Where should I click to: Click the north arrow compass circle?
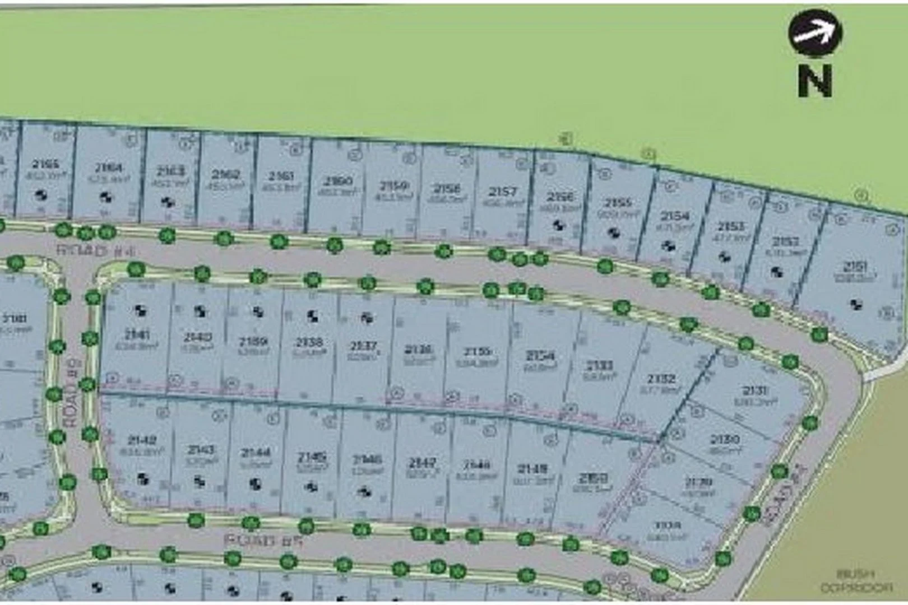tap(815, 33)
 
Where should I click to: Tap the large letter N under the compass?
tap(815, 81)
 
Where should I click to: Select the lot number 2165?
tap(45, 164)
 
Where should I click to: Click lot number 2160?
tap(338, 182)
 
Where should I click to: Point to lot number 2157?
tap(503, 192)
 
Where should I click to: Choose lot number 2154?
tap(675, 216)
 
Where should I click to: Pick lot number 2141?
tap(137, 335)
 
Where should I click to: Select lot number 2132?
tap(661, 379)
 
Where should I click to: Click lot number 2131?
tap(755, 390)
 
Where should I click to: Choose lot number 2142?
tap(141, 440)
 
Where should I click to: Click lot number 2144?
tap(255, 453)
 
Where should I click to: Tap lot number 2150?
tap(593, 478)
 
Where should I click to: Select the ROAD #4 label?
tap(95, 250)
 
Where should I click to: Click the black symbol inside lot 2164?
tap(105, 197)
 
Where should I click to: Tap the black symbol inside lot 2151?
tap(855, 305)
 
